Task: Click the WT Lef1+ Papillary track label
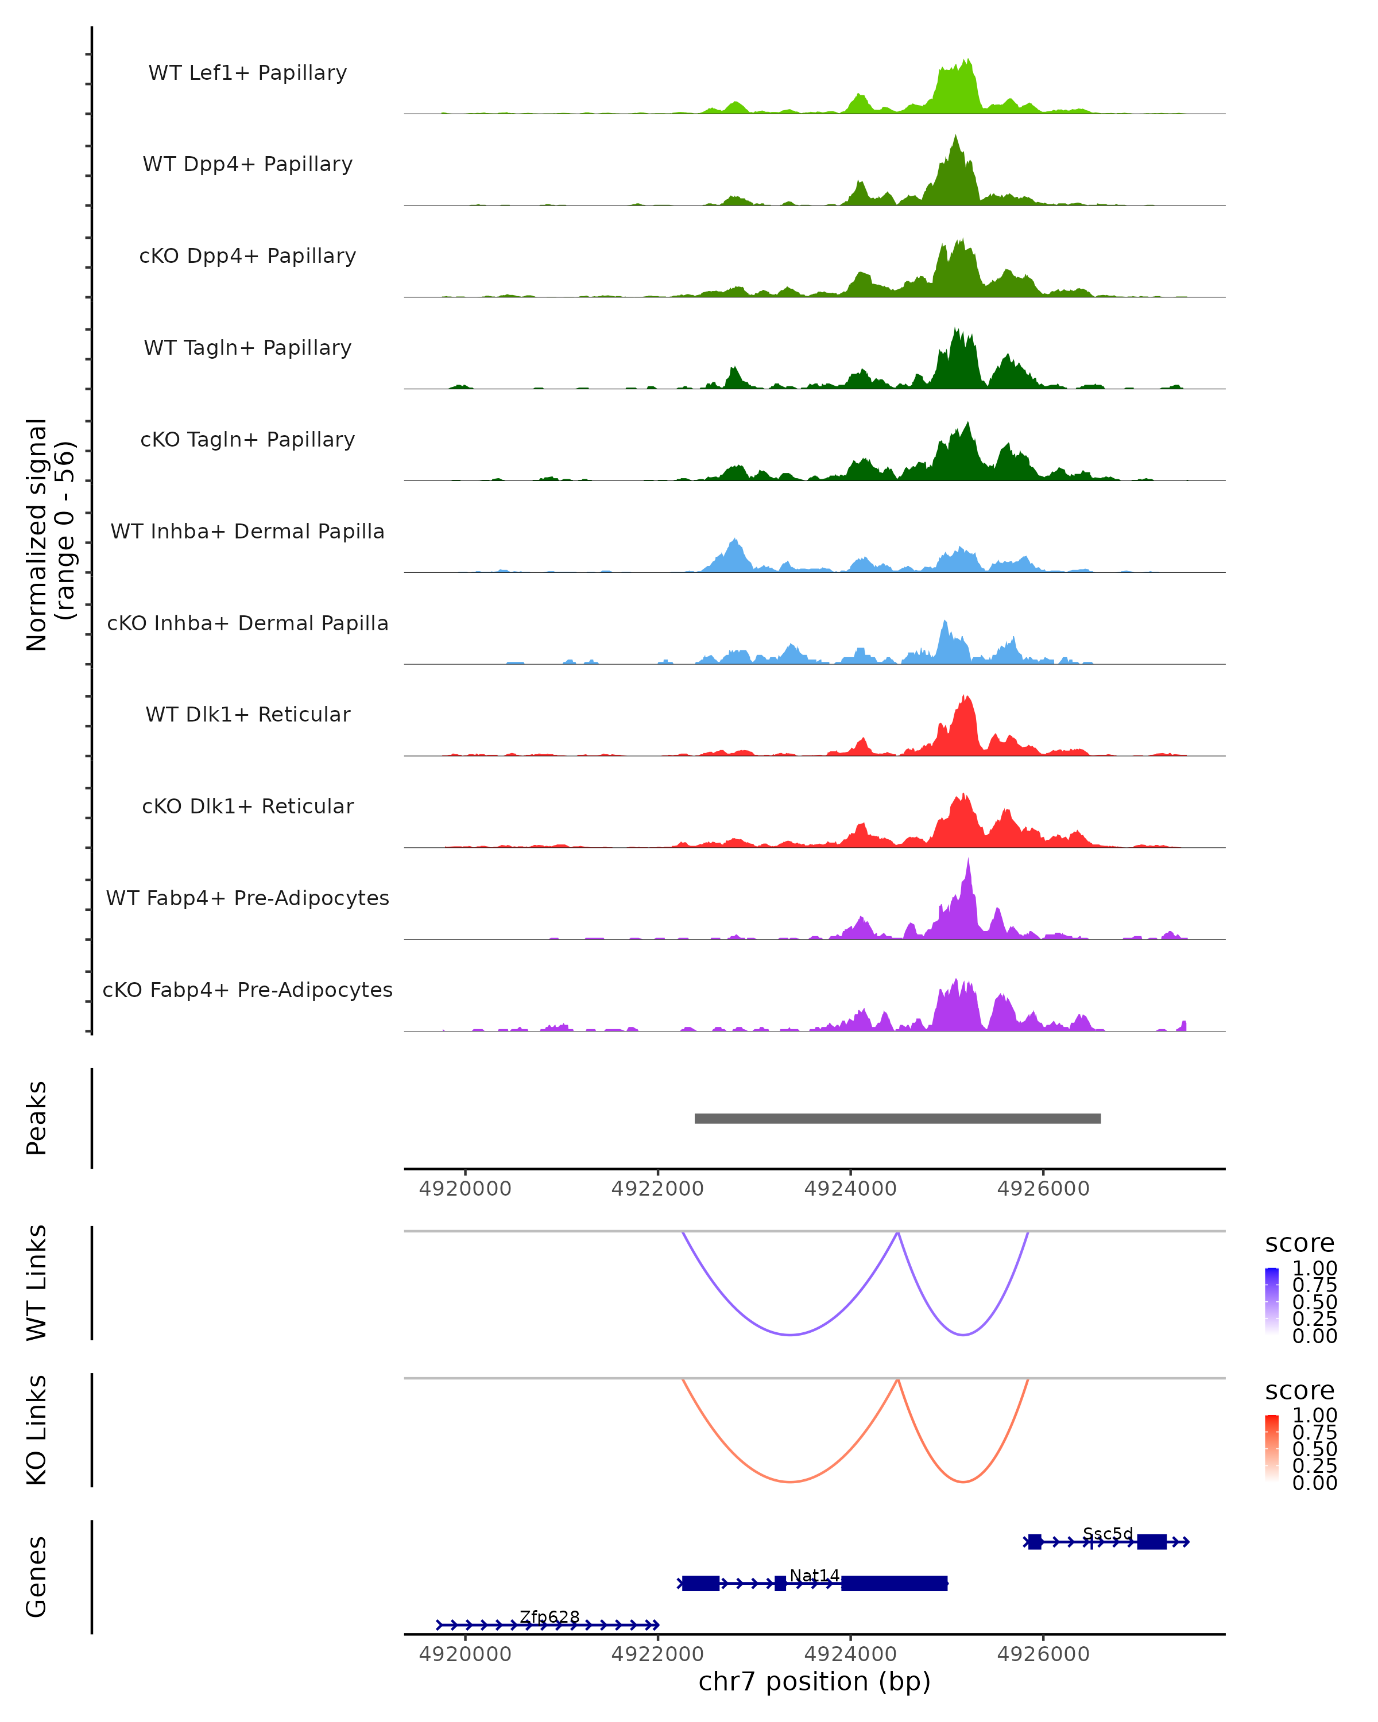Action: click(x=247, y=73)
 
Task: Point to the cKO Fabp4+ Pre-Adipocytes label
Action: click(x=247, y=990)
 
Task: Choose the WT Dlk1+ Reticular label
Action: click(x=247, y=714)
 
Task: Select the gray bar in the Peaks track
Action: click(x=897, y=1118)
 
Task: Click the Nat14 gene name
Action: click(x=814, y=1575)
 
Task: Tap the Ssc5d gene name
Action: click(x=1107, y=1534)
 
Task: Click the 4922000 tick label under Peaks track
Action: click(x=657, y=1189)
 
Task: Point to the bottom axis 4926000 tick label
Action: click(x=1043, y=1654)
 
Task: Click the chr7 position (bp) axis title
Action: click(x=814, y=1682)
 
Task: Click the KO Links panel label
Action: click(x=37, y=1430)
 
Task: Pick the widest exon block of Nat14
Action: click(x=894, y=1583)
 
